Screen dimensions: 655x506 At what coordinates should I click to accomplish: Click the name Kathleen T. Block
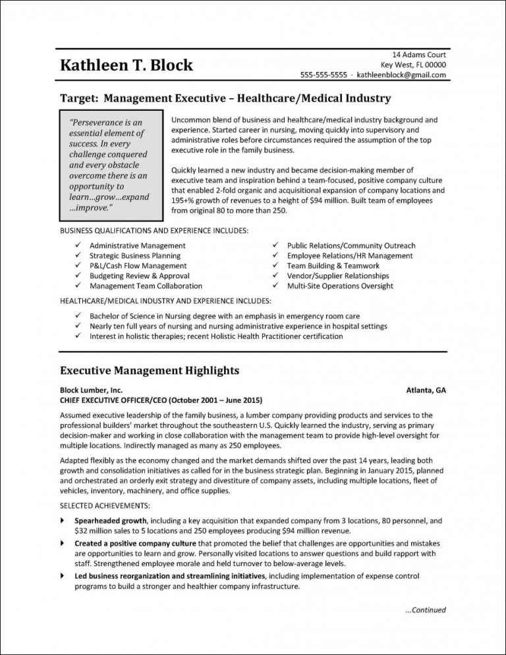click(x=126, y=65)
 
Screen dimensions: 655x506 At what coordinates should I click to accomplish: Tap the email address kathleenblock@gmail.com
click(x=401, y=75)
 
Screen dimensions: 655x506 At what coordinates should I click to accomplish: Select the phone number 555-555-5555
click(x=323, y=75)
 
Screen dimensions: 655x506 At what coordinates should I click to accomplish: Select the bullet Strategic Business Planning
click(x=134, y=255)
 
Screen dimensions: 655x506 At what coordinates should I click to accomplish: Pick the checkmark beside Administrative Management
click(x=78, y=245)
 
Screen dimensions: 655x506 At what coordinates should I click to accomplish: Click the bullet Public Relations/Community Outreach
click(x=351, y=245)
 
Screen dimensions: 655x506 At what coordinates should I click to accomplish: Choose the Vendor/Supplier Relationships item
click(x=338, y=276)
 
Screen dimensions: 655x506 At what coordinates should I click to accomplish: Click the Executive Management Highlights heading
click(x=150, y=371)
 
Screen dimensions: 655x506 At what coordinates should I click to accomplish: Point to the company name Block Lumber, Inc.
click(x=91, y=390)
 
